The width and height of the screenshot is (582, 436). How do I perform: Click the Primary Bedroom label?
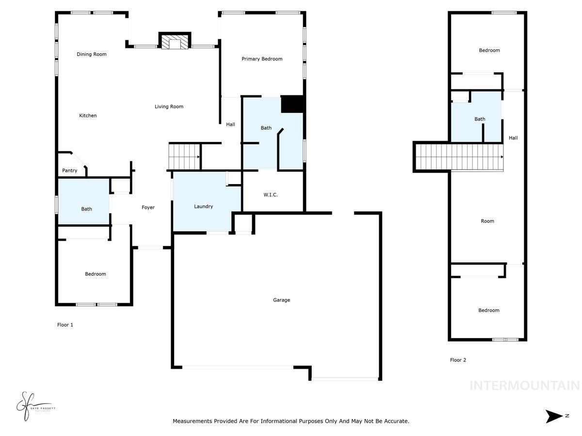click(x=262, y=59)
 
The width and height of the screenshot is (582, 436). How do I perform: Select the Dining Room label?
click(x=91, y=54)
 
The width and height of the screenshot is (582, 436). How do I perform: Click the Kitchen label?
click(x=88, y=116)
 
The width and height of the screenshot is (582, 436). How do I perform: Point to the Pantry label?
click(x=69, y=171)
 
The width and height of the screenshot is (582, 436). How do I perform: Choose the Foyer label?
click(x=148, y=207)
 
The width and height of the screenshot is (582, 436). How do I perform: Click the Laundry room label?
click(x=203, y=206)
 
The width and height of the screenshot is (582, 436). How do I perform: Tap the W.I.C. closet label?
click(x=271, y=195)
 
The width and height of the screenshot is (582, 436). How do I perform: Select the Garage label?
click(x=281, y=300)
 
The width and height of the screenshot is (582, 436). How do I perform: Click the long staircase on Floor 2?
click(x=458, y=157)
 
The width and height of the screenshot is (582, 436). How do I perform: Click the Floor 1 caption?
click(x=65, y=325)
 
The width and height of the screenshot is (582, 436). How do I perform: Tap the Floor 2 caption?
click(x=458, y=360)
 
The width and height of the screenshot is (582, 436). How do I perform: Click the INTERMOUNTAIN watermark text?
click(x=524, y=386)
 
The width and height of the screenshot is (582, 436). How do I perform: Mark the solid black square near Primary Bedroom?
click(x=292, y=104)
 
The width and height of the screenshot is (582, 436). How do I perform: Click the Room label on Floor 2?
click(x=487, y=221)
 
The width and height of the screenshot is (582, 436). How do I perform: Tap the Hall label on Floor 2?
click(x=513, y=138)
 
